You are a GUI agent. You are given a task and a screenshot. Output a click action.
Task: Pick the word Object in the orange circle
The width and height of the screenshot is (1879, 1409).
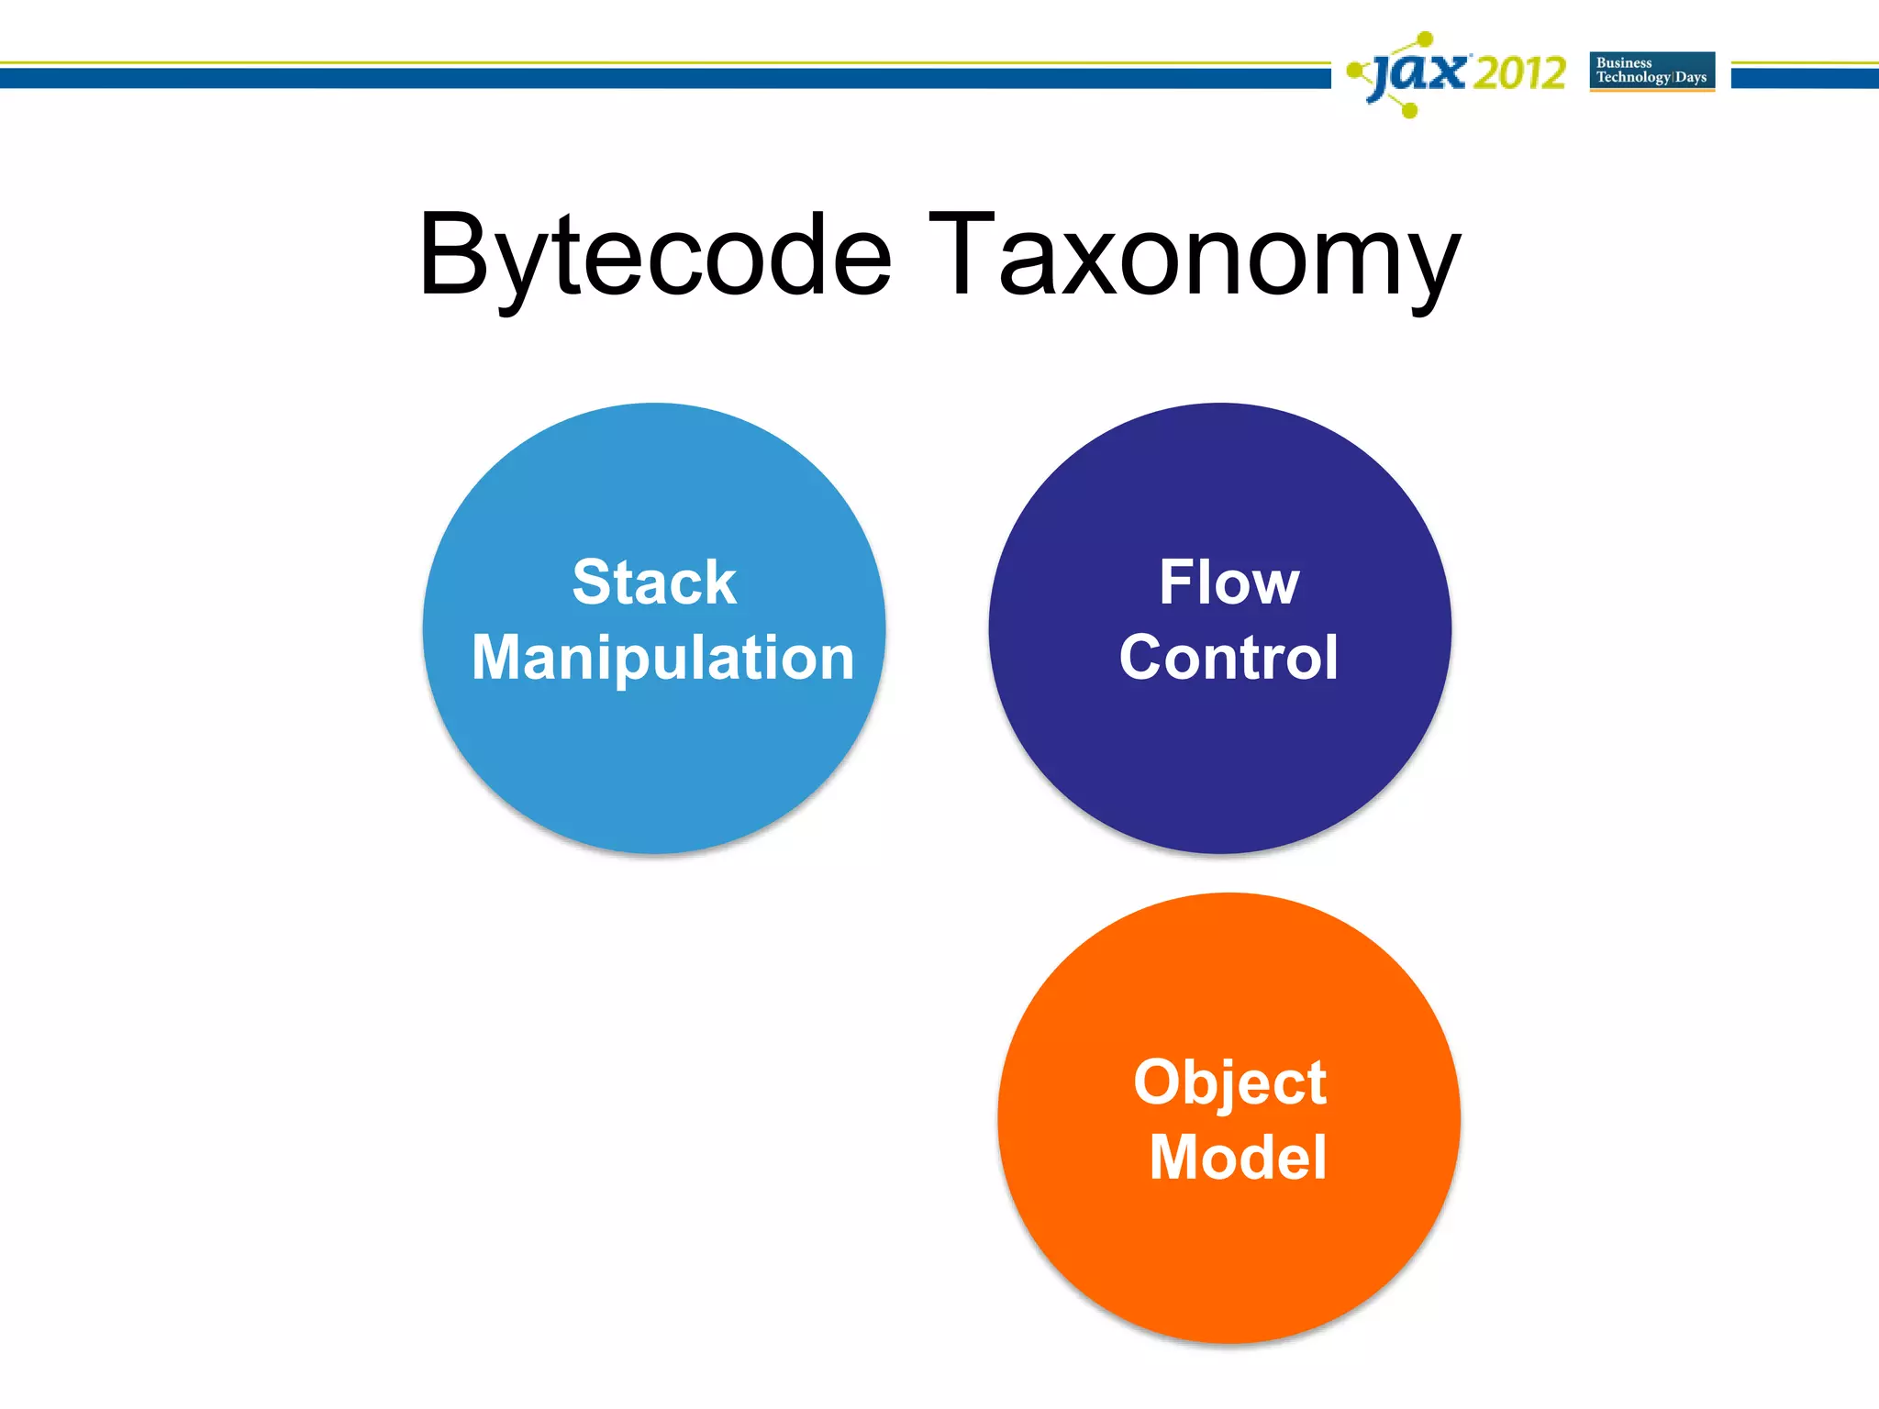tap(1229, 1082)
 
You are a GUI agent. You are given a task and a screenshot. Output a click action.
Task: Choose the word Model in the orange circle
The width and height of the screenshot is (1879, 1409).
tap(1238, 1157)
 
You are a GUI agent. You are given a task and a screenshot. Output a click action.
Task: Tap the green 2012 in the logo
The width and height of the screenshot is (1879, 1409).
tap(1518, 73)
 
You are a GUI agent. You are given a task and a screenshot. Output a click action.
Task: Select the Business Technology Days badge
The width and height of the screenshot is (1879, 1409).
tap(1651, 72)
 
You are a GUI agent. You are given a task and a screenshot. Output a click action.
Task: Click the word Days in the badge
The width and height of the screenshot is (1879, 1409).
tap(1691, 78)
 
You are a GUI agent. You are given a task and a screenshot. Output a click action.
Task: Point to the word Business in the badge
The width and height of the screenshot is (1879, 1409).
tap(1624, 63)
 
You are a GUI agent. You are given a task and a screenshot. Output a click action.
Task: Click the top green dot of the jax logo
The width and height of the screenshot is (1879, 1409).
tap(1425, 39)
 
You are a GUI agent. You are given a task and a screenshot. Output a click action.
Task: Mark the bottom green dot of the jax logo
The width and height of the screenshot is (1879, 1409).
tap(1410, 111)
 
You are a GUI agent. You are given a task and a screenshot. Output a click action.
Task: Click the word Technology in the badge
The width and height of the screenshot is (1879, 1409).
tap(1633, 78)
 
